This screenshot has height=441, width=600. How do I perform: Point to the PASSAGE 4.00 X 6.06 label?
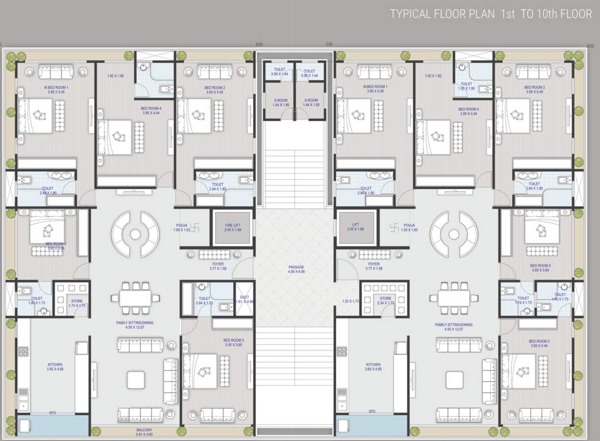pyautogui.click(x=297, y=269)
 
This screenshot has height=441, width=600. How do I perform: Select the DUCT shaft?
pyautogui.click(x=244, y=299)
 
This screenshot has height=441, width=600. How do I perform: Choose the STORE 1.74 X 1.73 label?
pyautogui.click(x=77, y=303)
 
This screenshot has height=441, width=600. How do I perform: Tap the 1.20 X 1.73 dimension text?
pyautogui.click(x=350, y=301)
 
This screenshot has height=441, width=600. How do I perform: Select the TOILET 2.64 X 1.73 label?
pyautogui.click(x=205, y=300)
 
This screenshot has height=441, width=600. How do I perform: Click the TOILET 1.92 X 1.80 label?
pyautogui.click(x=466, y=86)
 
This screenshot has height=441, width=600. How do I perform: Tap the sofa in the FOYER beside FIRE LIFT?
pyautogui.click(x=216, y=255)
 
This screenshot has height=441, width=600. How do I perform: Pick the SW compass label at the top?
pyautogui.click(x=329, y=44)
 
